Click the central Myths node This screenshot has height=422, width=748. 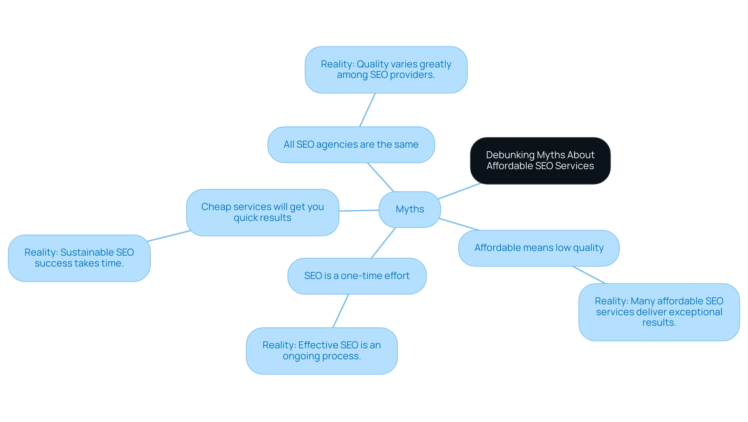(x=410, y=209)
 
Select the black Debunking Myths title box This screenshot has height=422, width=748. (x=540, y=161)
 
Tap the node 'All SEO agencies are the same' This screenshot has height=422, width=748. (x=351, y=145)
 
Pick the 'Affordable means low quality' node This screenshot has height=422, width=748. (x=539, y=248)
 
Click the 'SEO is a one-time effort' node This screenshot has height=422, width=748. (x=357, y=276)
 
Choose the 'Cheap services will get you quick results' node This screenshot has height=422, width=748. (x=263, y=212)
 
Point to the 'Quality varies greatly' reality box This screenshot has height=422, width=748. (x=386, y=70)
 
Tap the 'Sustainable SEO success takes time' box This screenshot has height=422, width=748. (x=79, y=258)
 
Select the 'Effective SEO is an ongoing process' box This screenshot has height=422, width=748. (x=322, y=351)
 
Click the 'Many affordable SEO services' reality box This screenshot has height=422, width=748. (x=659, y=312)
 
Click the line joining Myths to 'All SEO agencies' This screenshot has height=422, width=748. (x=381, y=177)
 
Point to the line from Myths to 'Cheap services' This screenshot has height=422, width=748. (x=359, y=210)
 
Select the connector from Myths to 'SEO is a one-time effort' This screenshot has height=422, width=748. (x=384, y=242)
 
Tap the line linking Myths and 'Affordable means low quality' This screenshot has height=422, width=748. (x=459, y=224)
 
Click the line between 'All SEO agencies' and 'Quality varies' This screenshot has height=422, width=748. (x=367, y=110)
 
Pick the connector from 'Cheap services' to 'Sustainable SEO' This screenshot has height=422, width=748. (x=169, y=236)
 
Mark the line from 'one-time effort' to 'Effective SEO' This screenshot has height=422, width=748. (x=341, y=311)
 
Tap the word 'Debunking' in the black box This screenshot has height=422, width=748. (x=510, y=155)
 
